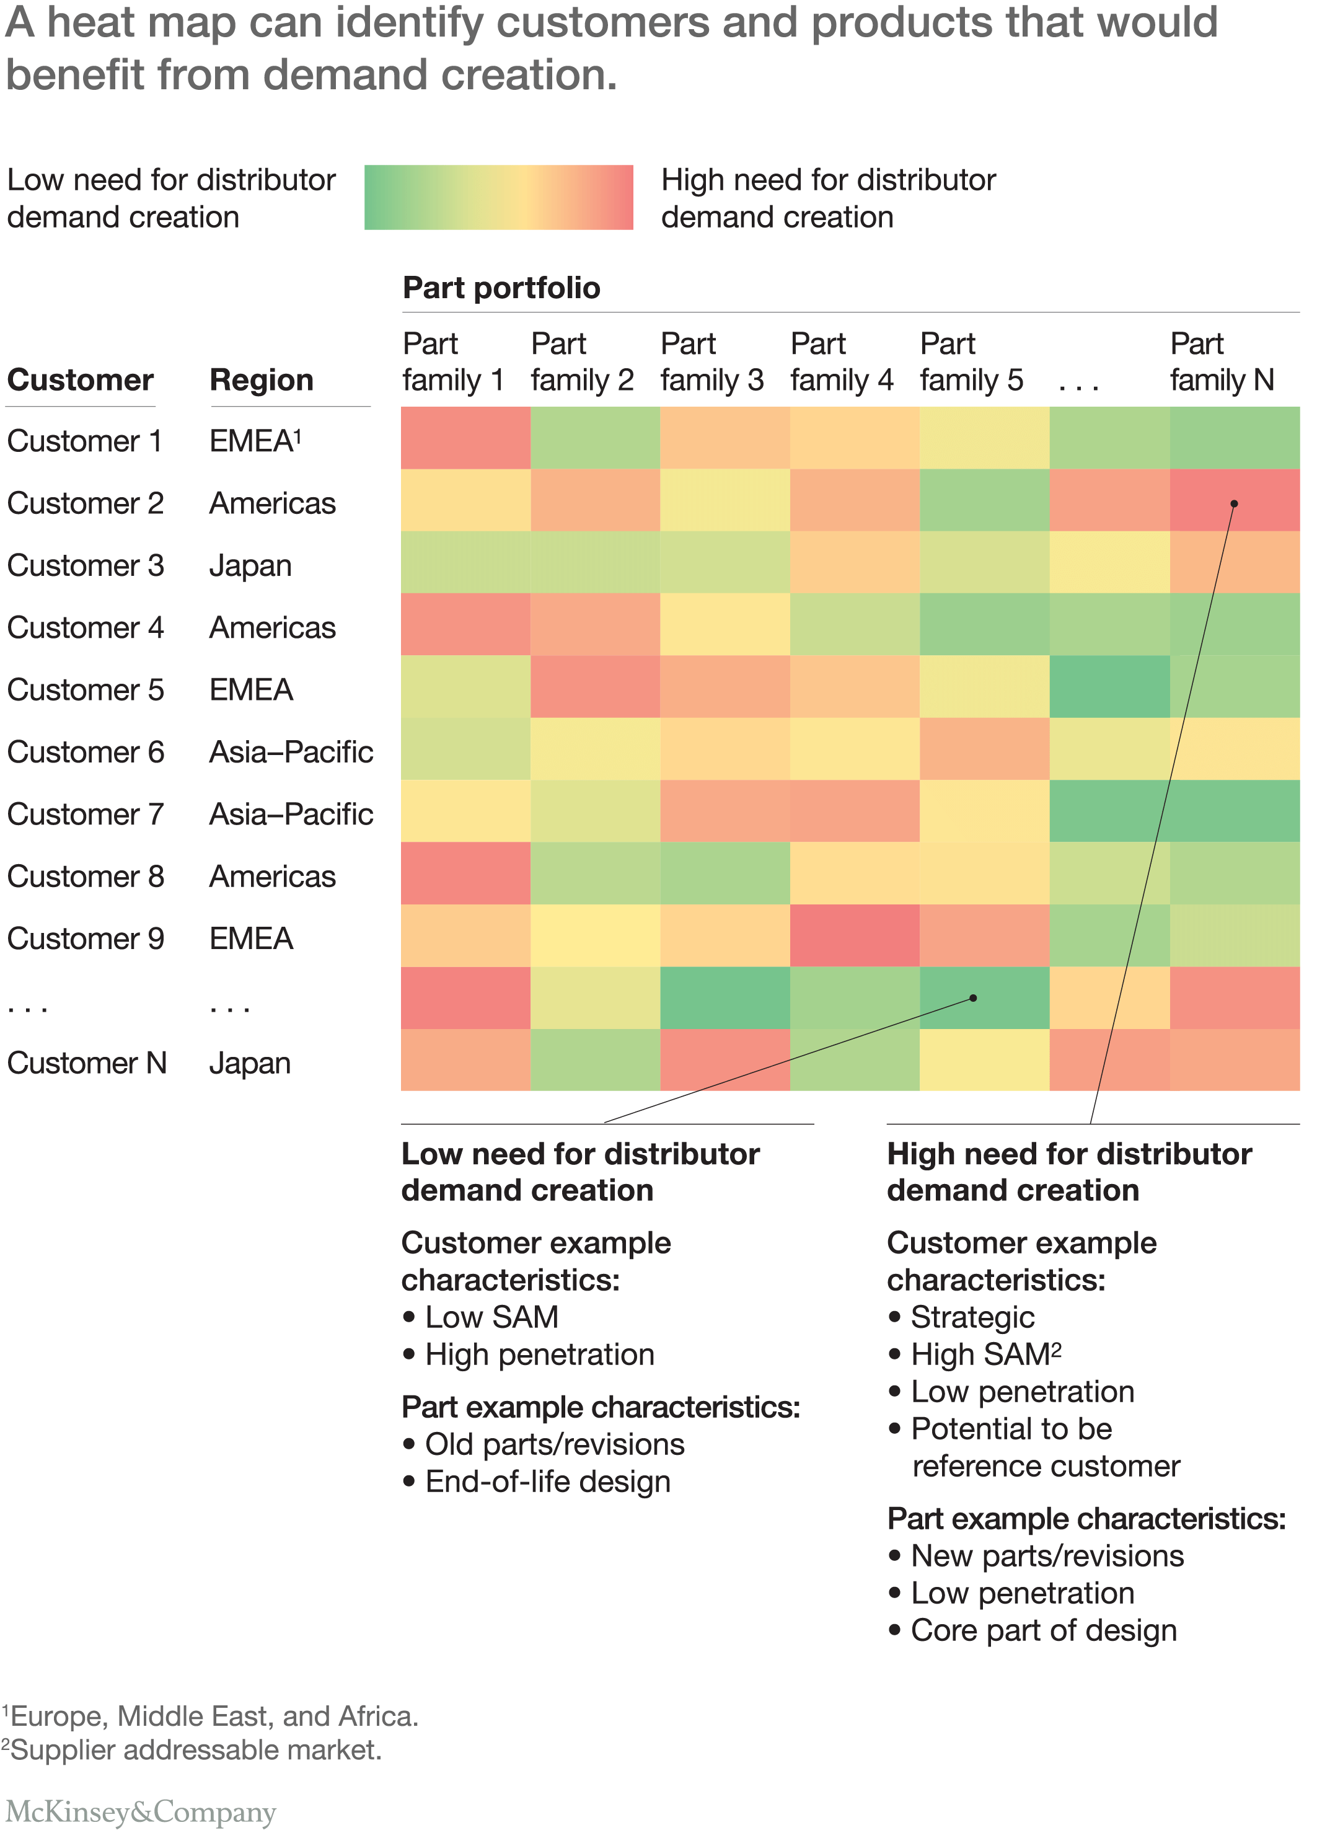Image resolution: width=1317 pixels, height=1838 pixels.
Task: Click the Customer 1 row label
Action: [84, 441]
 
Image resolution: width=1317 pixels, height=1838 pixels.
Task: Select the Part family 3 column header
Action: [711, 361]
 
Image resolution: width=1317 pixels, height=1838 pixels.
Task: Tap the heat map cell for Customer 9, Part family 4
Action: [854, 935]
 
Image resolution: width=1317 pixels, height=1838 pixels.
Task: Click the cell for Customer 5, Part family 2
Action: [595, 686]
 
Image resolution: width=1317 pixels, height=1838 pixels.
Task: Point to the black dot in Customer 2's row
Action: [1233, 504]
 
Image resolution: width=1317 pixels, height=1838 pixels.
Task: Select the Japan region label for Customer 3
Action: [250, 566]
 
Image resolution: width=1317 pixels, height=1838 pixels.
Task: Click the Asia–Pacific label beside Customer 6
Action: [291, 752]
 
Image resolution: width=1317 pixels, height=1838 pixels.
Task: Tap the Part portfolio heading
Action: [501, 288]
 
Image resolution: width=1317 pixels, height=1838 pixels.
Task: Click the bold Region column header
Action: [261, 380]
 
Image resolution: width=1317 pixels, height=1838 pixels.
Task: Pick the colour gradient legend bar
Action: [498, 198]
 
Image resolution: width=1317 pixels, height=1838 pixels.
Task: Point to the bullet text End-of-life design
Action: [547, 1482]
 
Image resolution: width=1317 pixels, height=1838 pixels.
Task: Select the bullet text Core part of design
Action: [1043, 1630]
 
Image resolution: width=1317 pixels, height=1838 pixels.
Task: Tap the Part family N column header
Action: [1222, 361]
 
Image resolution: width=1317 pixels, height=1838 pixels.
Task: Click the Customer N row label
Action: [87, 1063]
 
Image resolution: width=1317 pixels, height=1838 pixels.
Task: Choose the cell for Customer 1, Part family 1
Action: [465, 438]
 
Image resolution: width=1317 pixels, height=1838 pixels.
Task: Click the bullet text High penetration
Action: [539, 1354]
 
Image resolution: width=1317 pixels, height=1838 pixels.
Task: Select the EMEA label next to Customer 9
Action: [251, 939]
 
